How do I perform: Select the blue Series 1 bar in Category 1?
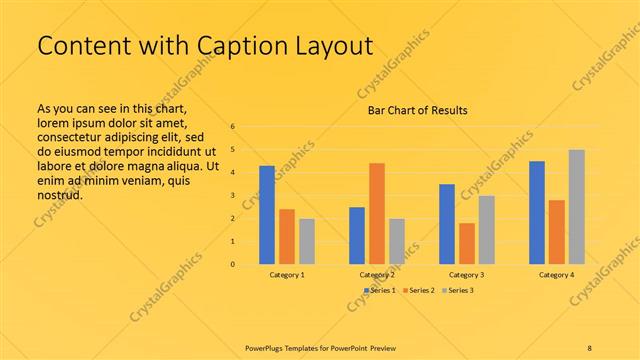tap(267, 215)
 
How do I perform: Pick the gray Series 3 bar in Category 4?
tap(576, 207)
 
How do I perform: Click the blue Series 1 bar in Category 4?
tap(537, 212)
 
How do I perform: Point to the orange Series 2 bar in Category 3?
tap(466, 243)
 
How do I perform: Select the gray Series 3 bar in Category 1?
tap(306, 241)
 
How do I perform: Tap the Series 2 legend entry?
tap(419, 290)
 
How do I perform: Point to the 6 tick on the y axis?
tap(232, 127)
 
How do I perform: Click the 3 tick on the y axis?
tap(232, 196)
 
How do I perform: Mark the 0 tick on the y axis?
tap(232, 265)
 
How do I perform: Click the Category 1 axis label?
tap(287, 274)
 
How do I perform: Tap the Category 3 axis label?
tap(467, 274)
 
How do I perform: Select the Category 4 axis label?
tap(557, 274)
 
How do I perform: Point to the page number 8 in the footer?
tap(589, 347)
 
